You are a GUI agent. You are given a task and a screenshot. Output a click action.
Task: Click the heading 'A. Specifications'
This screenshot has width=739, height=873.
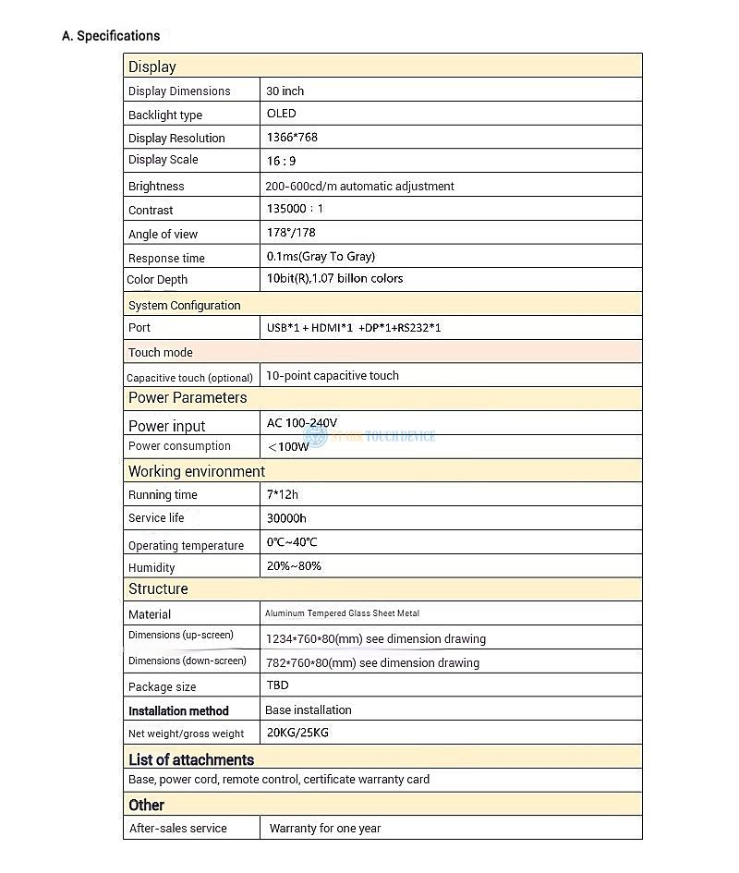click(111, 36)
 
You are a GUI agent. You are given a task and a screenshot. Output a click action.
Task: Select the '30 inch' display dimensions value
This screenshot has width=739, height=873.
click(285, 91)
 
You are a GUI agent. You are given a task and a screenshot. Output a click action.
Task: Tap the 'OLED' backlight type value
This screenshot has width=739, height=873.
click(281, 114)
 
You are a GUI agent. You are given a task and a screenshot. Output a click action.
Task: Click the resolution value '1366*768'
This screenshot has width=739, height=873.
click(292, 137)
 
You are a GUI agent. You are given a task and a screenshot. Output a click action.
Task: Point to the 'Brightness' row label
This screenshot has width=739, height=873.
click(156, 187)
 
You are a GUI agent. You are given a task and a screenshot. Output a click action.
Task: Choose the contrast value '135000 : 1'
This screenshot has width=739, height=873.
click(295, 210)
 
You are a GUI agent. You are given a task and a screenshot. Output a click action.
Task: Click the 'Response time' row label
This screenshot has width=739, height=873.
click(166, 259)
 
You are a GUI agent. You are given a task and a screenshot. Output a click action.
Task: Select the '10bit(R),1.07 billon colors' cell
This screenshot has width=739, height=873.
click(334, 279)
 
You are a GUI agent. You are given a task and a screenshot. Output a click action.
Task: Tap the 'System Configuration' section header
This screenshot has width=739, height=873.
click(184, 306)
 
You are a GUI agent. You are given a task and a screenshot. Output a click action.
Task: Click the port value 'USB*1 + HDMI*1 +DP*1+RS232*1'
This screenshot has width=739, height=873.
click(353, 328)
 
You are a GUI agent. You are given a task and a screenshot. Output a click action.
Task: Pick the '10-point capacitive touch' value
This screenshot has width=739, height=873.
click(333, 376)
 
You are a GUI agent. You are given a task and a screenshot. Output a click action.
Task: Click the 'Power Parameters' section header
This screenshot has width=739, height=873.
click(188, 398)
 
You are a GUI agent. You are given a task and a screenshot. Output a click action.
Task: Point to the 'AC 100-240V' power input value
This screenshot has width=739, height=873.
click(302, 423)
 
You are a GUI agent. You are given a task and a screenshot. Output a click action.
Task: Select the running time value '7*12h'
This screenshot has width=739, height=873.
click(282, 495)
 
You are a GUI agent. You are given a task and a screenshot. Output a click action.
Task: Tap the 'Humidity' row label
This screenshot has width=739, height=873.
click(151, 568)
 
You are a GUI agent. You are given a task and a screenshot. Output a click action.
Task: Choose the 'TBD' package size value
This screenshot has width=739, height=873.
click(277, 685)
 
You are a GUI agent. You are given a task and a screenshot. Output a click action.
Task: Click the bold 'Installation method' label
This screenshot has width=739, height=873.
click(178, 711)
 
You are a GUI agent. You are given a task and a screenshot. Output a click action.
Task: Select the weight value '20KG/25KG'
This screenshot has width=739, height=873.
click(297, 733)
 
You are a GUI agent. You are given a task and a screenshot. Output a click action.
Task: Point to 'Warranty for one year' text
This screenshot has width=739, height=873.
click(325, 829)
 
